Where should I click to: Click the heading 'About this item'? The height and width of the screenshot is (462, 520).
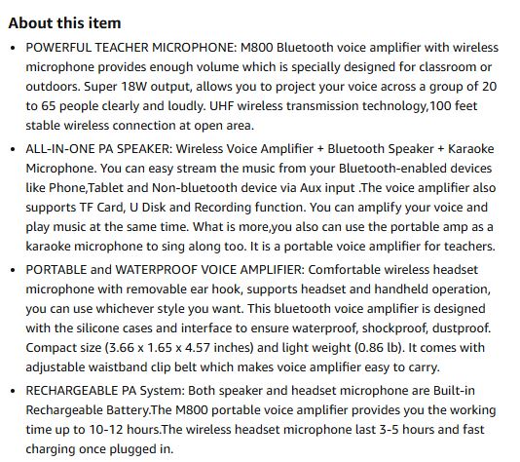[65, 22]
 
